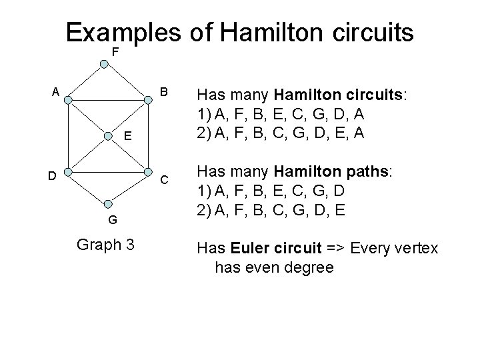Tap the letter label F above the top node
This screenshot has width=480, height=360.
pos(115,51)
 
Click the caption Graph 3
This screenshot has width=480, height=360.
pos(106,245)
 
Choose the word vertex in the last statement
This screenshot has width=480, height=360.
pos(415,249)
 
